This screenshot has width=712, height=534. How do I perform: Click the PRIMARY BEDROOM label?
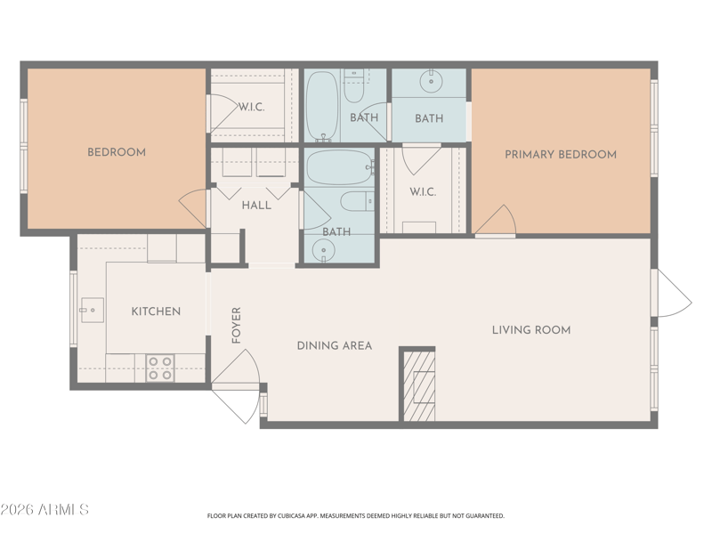[x=561, y=154]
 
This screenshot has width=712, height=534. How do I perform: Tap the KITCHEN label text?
[x=156, y=311]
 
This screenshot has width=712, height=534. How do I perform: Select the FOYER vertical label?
[x=236, y=325]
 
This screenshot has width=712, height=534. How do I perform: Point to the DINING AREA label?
[x=335, y=345]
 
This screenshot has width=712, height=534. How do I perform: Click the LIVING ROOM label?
[x=531, y=330]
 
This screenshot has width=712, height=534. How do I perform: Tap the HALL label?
[x=256, y=206]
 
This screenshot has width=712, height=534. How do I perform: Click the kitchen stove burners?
[x=160, y=368]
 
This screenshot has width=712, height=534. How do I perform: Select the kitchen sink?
[x=93, y=310]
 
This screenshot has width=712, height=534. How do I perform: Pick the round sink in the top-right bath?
[x=431, y=82]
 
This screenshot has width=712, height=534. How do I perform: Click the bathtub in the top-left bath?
[x=322, y=106]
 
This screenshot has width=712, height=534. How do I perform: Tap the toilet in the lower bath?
[x=358, y=202]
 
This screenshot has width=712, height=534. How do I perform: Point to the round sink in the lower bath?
[x=324, y=250]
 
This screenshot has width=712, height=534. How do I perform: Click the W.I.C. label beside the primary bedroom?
[x=423, y=192]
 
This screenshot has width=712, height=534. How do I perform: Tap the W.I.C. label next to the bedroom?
[x=252, y=108]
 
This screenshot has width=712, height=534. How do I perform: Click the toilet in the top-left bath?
[x=353, y=86]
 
